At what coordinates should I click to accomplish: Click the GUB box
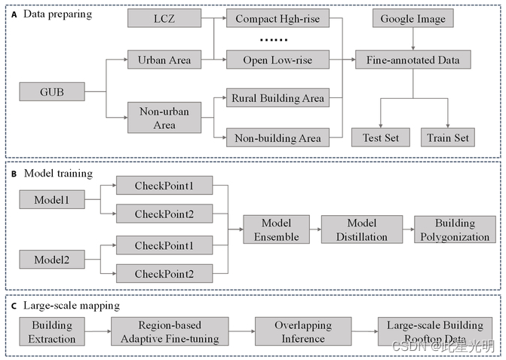click(x=52, y=91)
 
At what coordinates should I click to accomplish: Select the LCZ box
click(x=164, y=18)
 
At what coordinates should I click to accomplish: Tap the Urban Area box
click(x=164, y=60)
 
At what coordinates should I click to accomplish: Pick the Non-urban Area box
click(x=164, y=118)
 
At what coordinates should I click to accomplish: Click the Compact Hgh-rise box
click(x=278, y=18)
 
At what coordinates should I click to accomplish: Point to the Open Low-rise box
click(x=278, y=60)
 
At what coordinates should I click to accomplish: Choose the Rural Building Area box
click(x=278, y=97)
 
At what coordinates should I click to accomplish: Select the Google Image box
click(x=413, y=18)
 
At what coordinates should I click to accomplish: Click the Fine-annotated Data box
click(x=413, y=60)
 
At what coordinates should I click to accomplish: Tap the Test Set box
click(x=381, y=137)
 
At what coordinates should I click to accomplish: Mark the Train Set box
click(x=448, y=137)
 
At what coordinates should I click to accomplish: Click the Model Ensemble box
click(x=277, y=229)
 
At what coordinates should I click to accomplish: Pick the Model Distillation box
click(x=362, y=229)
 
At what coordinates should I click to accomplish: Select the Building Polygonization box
click(x=455, y=229)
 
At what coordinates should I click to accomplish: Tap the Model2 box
click(x=52, y=260)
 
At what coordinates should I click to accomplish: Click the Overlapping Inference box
click(x=303, y=331)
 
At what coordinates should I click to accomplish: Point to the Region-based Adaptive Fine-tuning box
click(x=170, y=331)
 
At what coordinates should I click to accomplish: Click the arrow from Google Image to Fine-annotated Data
click(x=413, y=38)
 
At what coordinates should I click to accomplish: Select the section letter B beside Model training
click(x=14, y=174)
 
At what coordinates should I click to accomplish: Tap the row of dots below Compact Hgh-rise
click(x=274, y=40)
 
